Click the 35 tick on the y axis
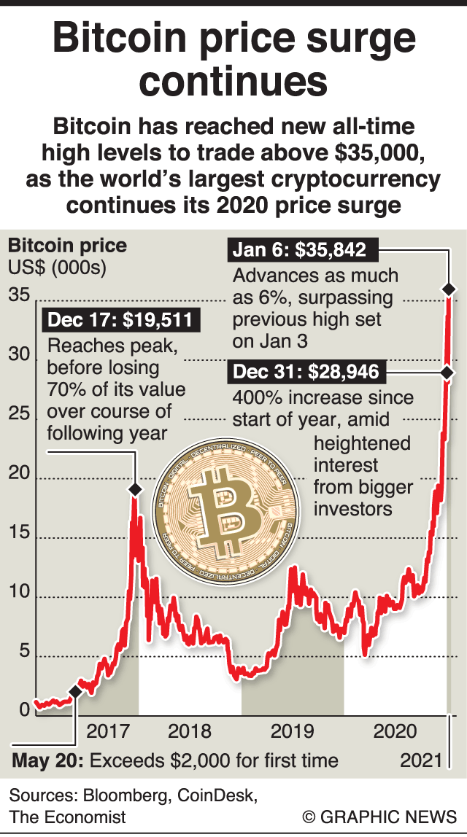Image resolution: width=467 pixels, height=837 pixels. [x=19, y=295]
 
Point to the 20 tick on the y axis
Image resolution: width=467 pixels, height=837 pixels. [x=19, y=473]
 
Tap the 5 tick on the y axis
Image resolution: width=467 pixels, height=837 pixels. [x=23, y=651]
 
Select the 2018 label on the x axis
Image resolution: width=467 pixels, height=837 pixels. [x=189, y=731]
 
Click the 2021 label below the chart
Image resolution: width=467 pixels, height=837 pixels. [x=422, y=760]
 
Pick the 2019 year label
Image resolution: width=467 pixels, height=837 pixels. [x=292, y=731]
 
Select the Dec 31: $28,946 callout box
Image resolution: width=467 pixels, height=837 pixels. [x=306, y=373]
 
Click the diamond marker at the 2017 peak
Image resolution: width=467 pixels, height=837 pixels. [x=135, y=490]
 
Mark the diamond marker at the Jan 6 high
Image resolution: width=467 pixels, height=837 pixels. [x=449, y=289]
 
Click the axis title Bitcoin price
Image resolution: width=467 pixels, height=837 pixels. [x=67, y=245]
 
